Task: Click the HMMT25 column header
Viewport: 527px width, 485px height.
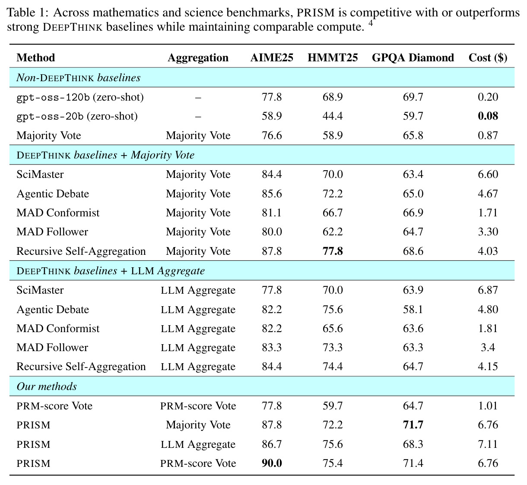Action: [332, 57]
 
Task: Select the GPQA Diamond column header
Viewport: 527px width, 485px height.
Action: [413, 57]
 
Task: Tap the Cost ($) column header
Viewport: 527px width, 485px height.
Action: [488, 57]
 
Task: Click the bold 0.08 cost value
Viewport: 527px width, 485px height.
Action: [488, 116]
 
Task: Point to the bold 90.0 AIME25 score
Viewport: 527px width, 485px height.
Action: [272, 463]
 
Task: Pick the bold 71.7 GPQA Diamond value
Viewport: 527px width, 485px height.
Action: [413, 425]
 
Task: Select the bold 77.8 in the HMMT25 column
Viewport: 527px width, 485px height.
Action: [333, 251]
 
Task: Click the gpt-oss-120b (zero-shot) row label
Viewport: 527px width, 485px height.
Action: [80, 97]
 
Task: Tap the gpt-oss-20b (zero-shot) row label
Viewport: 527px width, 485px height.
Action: [77, 116]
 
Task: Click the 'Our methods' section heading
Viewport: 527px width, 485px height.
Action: [47, 386]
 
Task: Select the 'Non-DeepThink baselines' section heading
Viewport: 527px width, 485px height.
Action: [78, 77]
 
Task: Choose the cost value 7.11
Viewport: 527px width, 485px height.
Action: [488, 444]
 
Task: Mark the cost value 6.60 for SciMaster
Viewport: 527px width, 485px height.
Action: [488, 174]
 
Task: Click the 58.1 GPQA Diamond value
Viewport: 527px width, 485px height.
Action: [413, 309]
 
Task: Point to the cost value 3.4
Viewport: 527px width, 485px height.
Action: [488, 347]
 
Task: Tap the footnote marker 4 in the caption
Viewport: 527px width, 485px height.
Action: [371, 23]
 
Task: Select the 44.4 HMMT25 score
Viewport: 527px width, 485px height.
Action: [333, 116]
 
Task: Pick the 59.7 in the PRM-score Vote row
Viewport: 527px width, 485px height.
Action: [333, 406]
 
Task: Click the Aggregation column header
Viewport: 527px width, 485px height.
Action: [198, 58]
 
